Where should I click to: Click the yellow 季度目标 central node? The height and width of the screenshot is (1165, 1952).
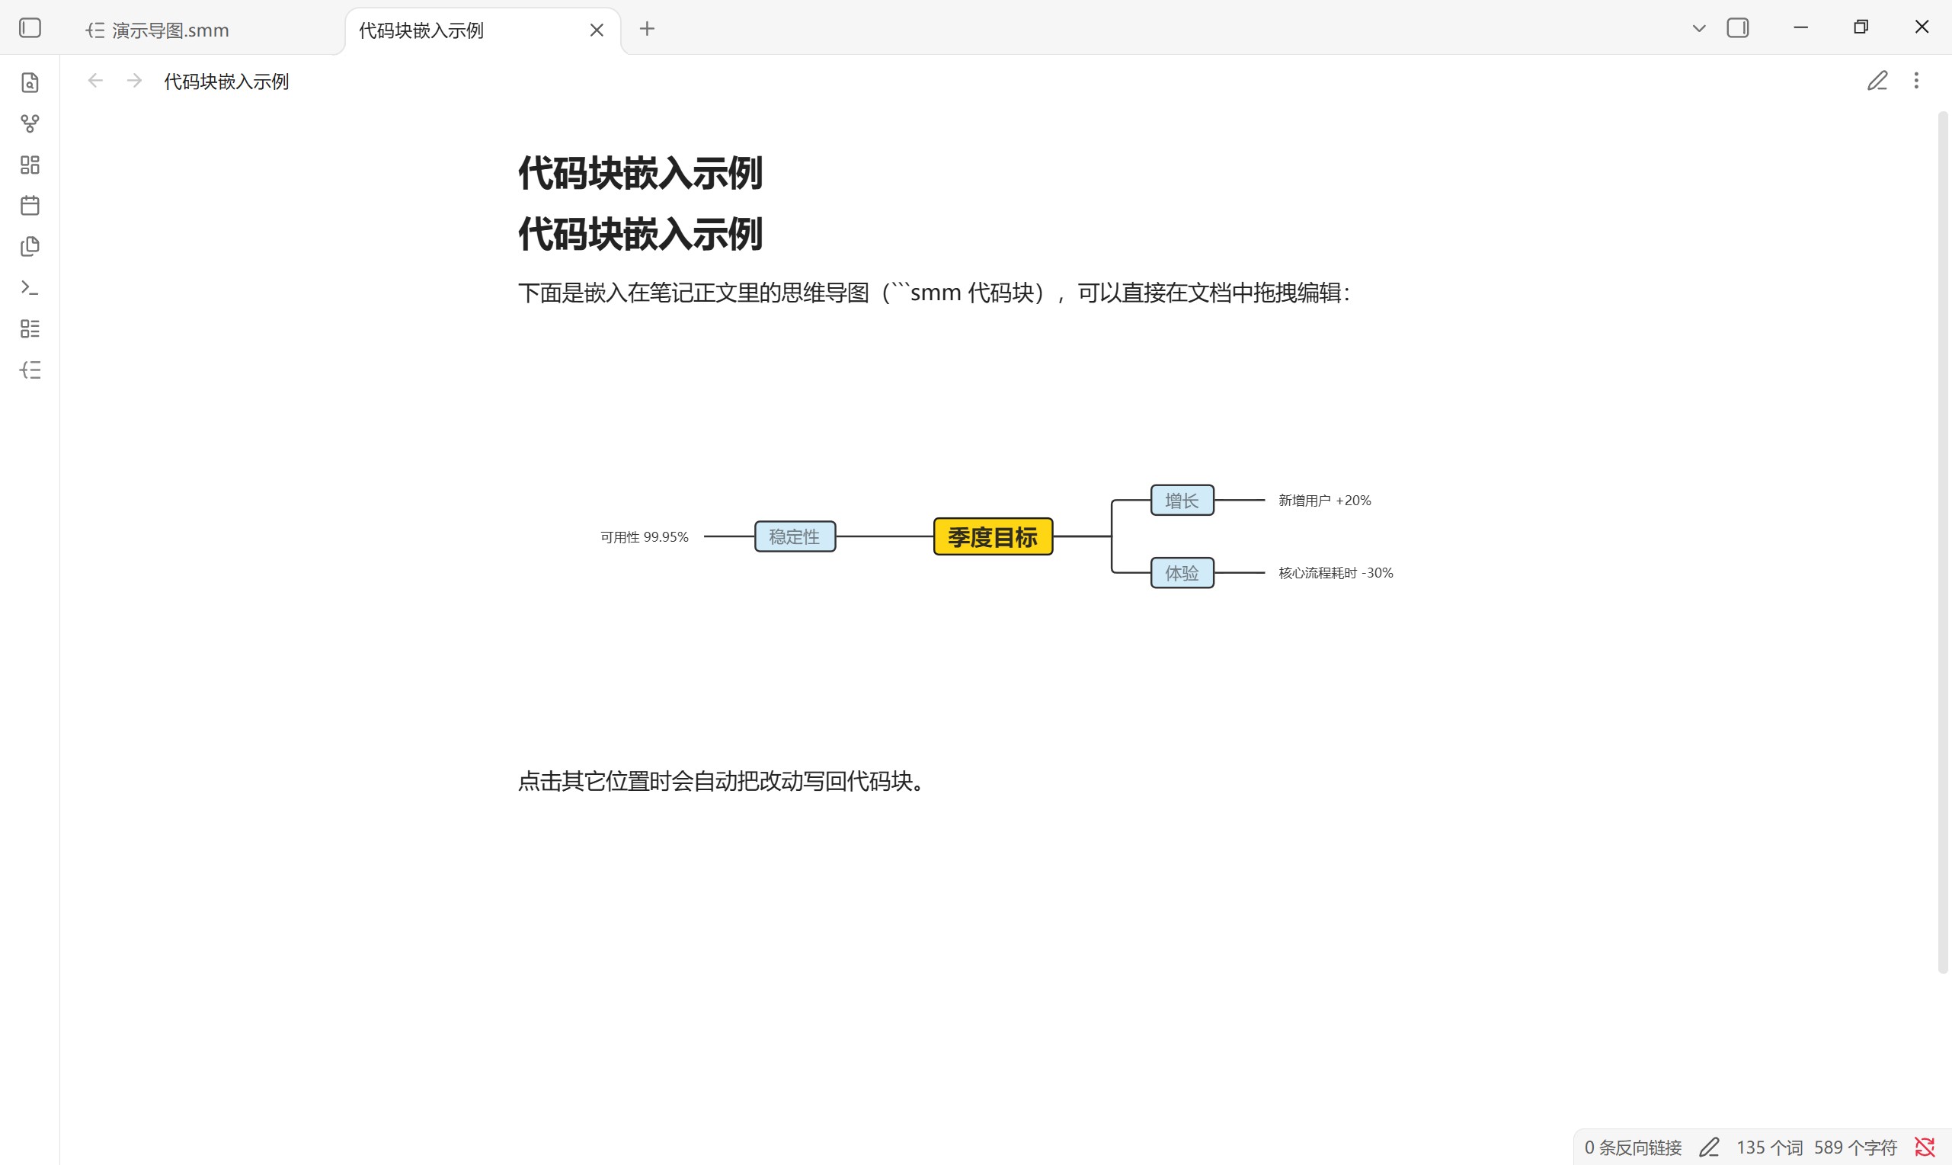point(993,537)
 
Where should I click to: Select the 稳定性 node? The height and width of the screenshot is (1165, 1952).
point(795,537)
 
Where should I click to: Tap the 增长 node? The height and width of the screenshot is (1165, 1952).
point(1182,500)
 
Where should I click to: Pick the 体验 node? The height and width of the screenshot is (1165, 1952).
point(1182,573)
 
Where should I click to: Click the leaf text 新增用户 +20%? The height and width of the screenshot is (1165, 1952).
point(1325,501)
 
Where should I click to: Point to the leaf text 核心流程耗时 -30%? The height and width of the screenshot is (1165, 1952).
point(1336,573)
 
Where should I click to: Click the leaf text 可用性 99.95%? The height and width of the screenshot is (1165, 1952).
point(645,537)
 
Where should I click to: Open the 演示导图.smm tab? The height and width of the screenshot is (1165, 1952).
point(171,30)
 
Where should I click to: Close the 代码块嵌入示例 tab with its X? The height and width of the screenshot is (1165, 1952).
point(597,30)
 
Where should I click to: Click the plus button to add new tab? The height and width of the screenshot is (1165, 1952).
point(647,29)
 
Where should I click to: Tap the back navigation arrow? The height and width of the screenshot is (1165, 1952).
point(95,81)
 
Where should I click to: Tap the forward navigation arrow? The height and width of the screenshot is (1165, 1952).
point(134,81)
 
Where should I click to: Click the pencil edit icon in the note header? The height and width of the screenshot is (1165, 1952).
point(1877,81)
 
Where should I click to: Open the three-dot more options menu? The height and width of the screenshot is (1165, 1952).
point(1916,81)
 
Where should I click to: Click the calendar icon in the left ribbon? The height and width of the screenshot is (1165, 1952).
point(30,206)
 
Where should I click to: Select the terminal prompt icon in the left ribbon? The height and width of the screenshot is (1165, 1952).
point(30,288)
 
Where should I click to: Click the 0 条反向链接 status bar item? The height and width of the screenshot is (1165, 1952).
point(1633,1147)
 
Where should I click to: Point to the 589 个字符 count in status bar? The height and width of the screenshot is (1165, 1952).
point(1855,1147)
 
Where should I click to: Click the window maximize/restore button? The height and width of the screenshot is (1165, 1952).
point(1861,27)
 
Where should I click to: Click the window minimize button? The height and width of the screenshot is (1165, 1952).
point(1801,27)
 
